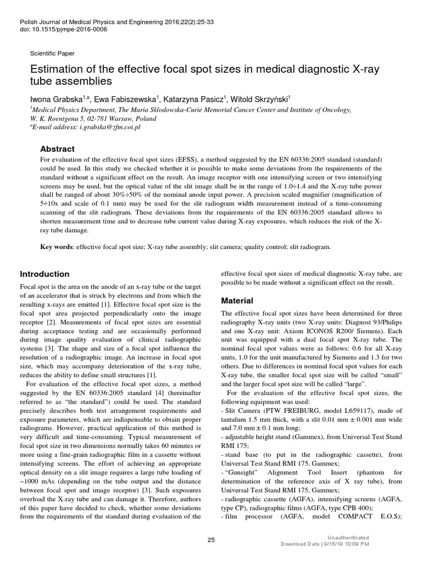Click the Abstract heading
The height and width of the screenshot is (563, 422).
[x=58, y=149]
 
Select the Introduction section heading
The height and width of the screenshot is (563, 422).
[x=45, y=274]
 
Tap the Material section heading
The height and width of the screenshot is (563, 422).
[x=237, y=301]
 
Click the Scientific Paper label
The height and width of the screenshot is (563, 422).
[x=52, y=53]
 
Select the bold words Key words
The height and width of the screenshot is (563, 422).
[x=57, y=247]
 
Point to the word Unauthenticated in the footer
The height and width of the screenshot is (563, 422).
[x=348, y=537]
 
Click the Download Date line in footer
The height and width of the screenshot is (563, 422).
[x=325, y=544]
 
